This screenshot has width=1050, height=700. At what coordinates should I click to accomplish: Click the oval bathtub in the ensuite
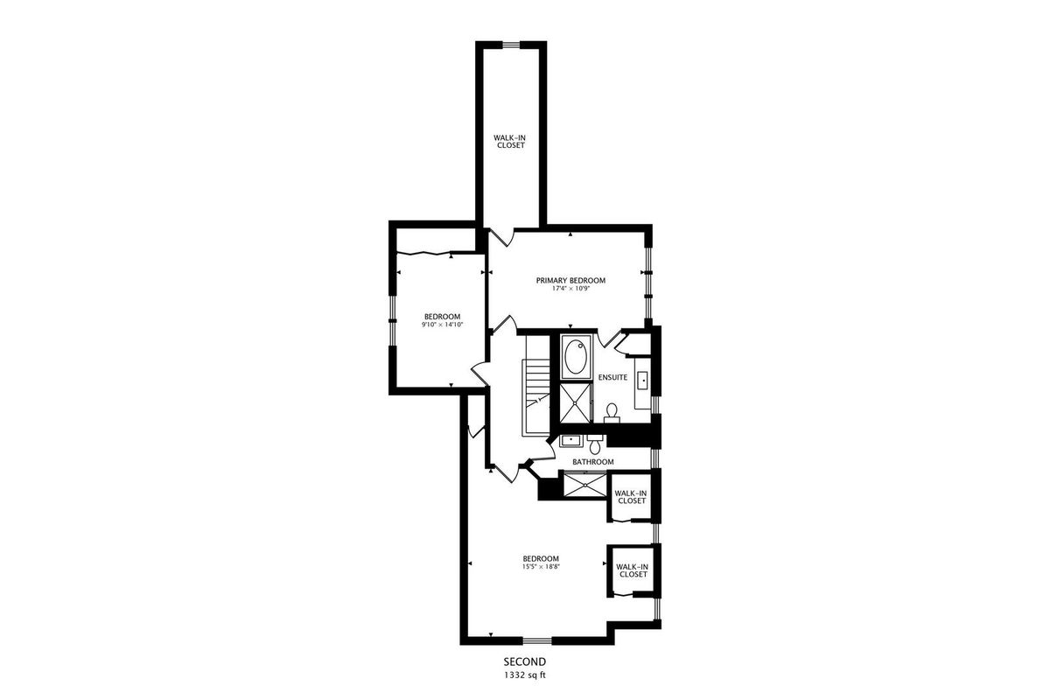point(576,357)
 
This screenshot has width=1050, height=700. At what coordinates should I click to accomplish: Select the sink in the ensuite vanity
point(642,381)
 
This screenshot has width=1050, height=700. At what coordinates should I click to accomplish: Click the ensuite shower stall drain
point(576,403)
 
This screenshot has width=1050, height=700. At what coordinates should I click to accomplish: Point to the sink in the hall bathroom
point(570,441)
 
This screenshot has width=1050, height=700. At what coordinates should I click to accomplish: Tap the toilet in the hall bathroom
point(595,444)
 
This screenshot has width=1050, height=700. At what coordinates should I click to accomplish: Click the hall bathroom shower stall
point(585,485)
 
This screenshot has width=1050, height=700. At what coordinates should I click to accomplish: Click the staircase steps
point(537,384)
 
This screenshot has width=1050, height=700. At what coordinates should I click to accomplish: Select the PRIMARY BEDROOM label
point(570,280)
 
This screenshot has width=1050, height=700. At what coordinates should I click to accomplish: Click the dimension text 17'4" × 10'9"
point(570,289)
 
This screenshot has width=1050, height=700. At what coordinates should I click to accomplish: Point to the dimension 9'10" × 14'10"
point(442,325)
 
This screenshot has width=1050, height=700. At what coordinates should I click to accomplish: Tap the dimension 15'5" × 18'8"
point(542,566)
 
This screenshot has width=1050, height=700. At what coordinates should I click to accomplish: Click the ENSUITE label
point(612,377)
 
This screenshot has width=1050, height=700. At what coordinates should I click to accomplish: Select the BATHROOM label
point(593,462)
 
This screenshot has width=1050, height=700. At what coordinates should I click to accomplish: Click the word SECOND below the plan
point(524,662)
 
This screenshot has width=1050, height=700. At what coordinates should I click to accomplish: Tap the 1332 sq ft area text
point(525,675)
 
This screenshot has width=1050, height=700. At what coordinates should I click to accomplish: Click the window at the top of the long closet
point(511,45)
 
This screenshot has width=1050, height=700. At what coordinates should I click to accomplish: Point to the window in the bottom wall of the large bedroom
point(537,640)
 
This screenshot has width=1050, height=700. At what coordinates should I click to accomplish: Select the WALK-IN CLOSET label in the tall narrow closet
point(509,142)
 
